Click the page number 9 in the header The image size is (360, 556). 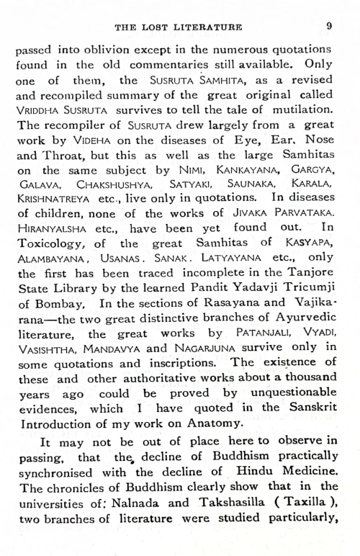click(x=328, y=26)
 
